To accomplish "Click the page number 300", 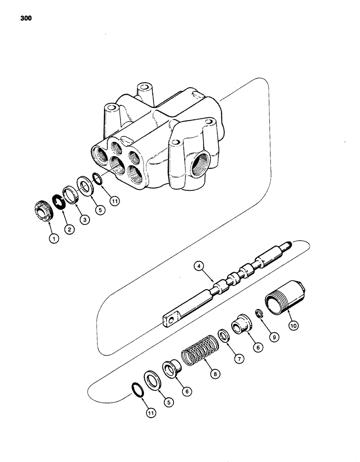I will (x=26, y=19).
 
